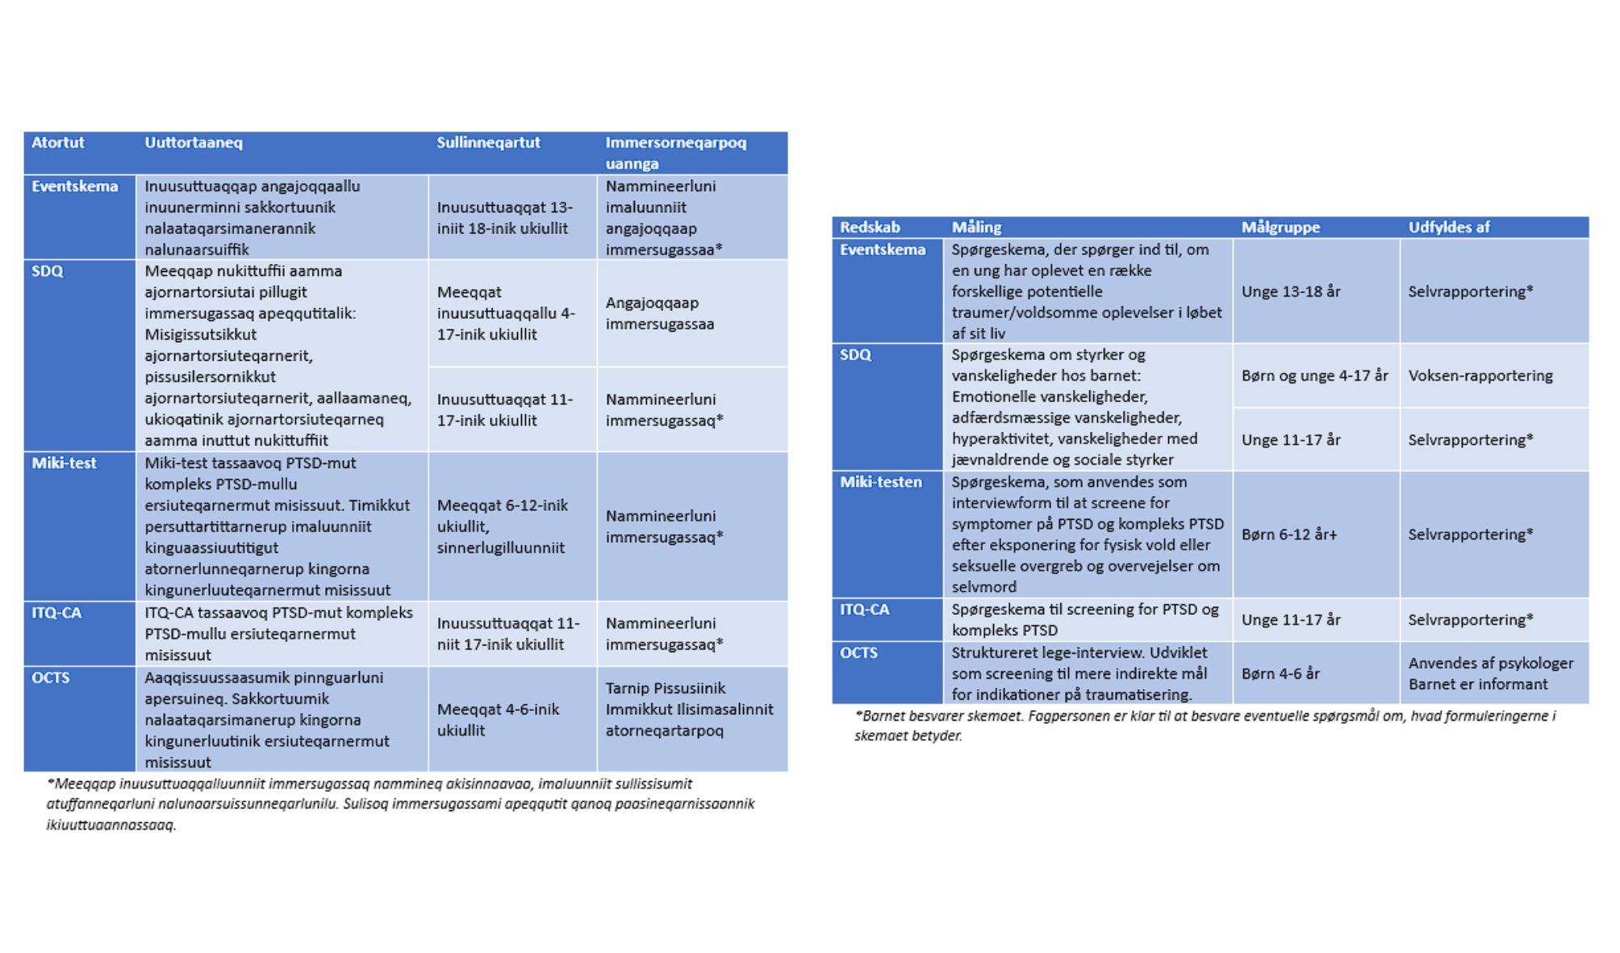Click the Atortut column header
click(58, 143)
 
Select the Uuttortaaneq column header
click(194, 143)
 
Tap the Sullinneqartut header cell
click(488, 143)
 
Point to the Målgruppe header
click(1280, 228)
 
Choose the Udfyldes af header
click(1449, 228)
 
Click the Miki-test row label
click(64, 463)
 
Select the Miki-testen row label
click(880, 483)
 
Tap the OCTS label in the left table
click(50, 678)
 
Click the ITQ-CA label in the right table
click(864, 610)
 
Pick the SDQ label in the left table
click(47, 271)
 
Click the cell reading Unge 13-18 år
click(1291, 292)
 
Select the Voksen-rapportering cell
click(1480, 376)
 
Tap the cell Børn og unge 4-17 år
click(1315, 376)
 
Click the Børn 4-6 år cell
click(1280, 674)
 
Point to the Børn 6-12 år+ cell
click(1288, 535)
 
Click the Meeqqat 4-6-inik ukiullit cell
click(498, 720)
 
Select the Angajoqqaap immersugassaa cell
click(660, 314)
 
